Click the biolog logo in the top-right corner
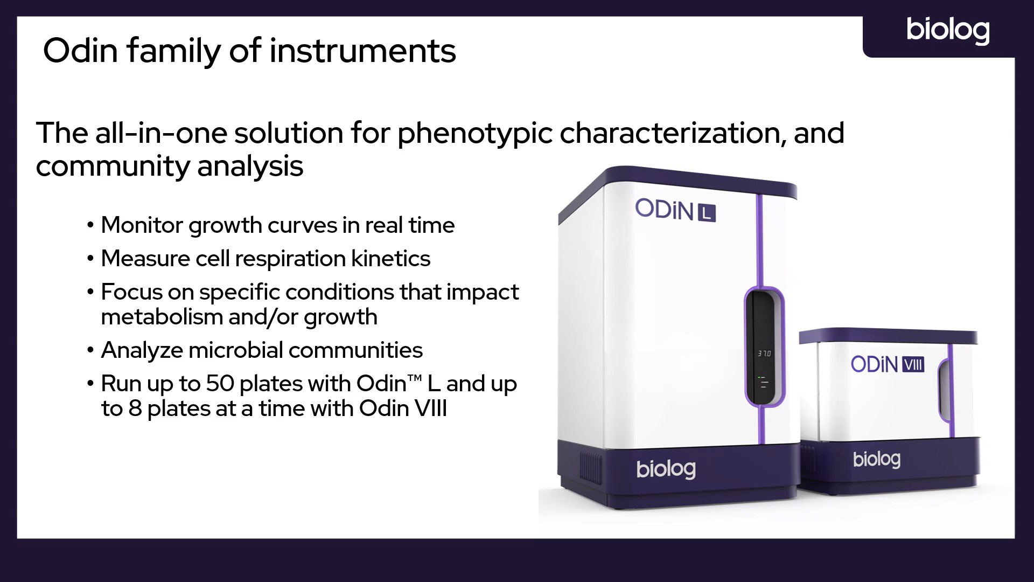(948, 31)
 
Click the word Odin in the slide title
(81, 51)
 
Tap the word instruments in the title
(362, 51)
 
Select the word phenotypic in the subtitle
(474, 134)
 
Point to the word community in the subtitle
(112, 167)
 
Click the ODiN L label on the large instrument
(675, 210)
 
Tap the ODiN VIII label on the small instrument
(888, 365)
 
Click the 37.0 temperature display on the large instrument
(764, 354)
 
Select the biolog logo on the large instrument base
(666, 469)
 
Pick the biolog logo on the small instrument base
(877, 459)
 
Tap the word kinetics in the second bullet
(391, 259)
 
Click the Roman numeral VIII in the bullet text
(430, 408)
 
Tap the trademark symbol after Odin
(414, 378)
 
